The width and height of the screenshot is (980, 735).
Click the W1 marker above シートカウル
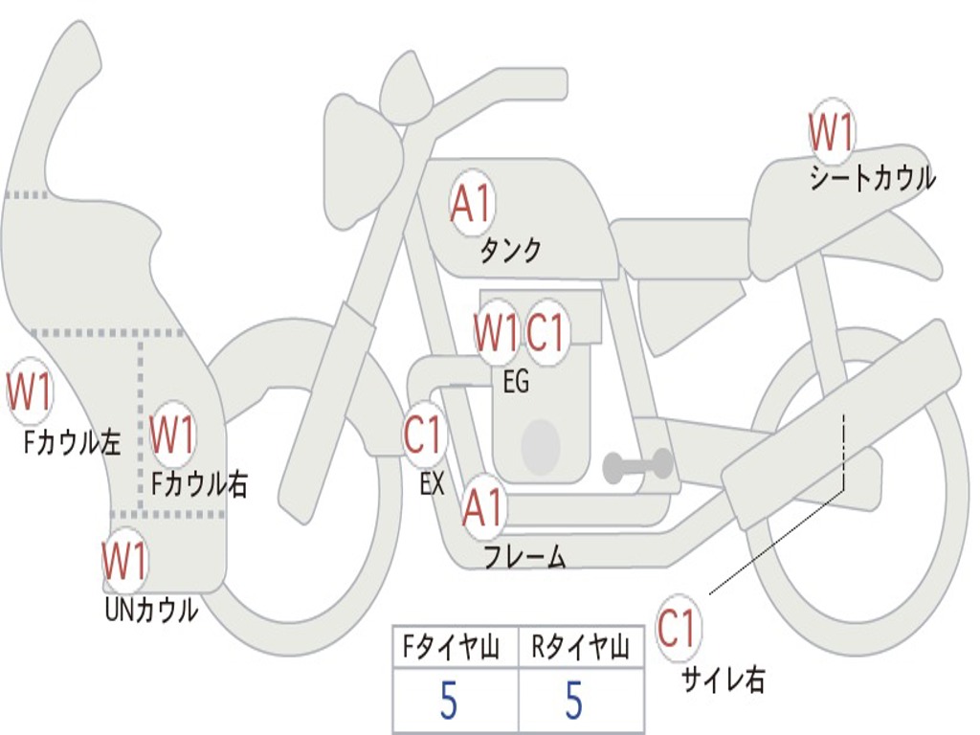click(x=831, y=132)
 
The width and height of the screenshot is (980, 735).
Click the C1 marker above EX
click(x=423, y=435)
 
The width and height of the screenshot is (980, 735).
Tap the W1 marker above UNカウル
click(x=125, y=561)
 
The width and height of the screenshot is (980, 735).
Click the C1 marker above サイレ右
click(x=677, y=629)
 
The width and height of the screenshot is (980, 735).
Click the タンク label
click(x=510, y=251)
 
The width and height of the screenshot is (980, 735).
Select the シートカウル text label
click(x=872, y=179)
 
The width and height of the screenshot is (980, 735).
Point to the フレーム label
click(x=524, y=557)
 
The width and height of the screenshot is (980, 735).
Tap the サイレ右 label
click(x=724, y=680)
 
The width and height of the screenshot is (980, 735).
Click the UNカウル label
click(x=150, y=610)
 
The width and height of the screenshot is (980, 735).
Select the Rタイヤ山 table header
click(x=580, y=649)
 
